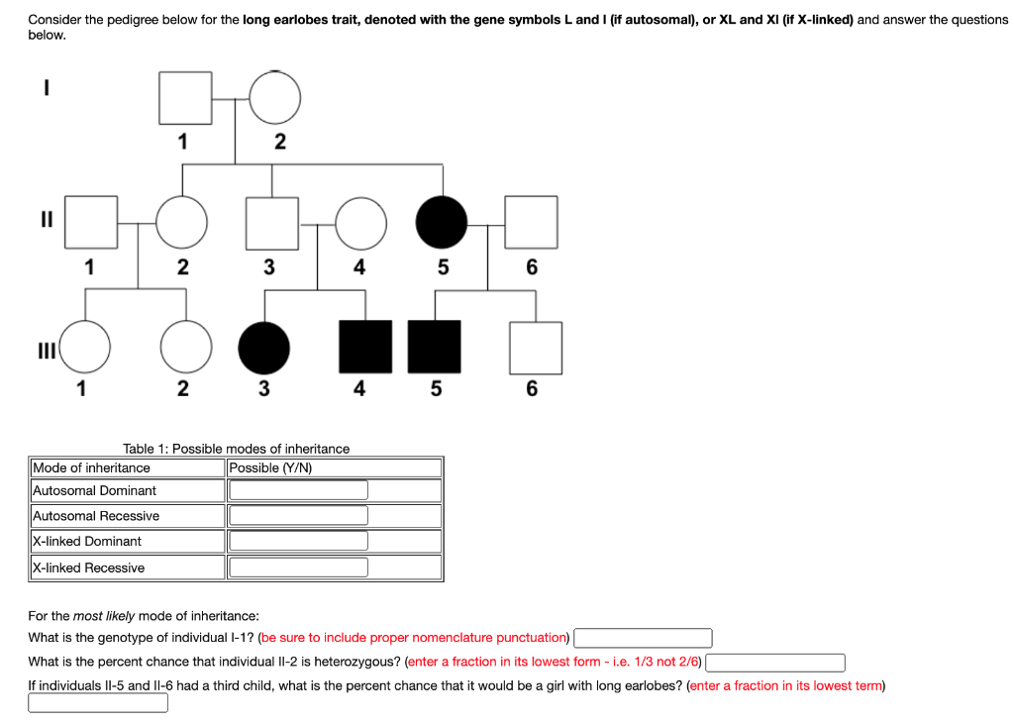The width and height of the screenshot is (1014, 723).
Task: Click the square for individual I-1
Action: coord(185,98)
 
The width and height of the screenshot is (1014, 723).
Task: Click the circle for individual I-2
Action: coord(274,98)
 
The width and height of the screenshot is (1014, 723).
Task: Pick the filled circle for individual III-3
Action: coord(263,348)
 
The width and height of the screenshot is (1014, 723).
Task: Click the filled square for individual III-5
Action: coord(435,348)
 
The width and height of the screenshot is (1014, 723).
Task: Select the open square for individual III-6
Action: coord(536,348)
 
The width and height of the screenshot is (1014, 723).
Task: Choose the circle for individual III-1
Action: coord(84,348)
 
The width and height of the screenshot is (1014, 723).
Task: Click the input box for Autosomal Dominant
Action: coord(298,490)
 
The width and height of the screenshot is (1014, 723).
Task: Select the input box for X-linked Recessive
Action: coord(298,568)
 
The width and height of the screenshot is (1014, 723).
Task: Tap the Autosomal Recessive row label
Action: coord(96,516)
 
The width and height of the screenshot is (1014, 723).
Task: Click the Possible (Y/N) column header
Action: coord(270,467)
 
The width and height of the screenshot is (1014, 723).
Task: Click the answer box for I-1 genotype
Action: coord(643,638)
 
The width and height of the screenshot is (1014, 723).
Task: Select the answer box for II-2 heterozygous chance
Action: coord(774,662)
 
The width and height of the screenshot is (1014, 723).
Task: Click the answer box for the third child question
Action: coord(97,702)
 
